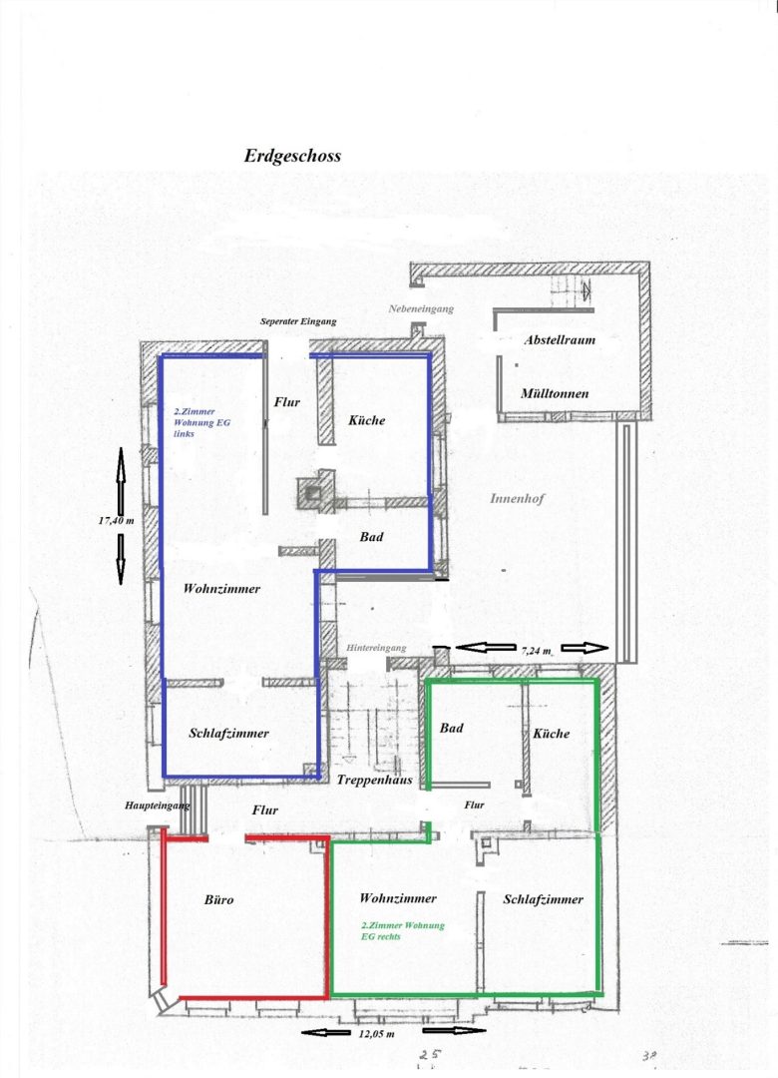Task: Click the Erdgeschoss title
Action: [x=293, y=156]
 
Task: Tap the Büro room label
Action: [x=219, y=899]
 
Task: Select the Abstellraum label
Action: [x=560, y=339]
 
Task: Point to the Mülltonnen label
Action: [x=555, y=393]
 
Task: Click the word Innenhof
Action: [x=517, y=498]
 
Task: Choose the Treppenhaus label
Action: [x=375, y=780]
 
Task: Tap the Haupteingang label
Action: [x=157, y=806]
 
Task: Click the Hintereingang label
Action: [x=376, y=648]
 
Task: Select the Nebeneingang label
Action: [x=421, y=309]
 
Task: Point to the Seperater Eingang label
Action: [x=298, y=321]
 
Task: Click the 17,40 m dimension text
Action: [x=116, y=520]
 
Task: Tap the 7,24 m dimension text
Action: [x=536, y=651]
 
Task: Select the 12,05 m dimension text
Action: [x=377, y=1033]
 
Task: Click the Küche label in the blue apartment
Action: [x=366, y=420]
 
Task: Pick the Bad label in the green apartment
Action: [x=452, y=728]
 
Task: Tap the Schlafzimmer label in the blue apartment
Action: [x=228, y=733]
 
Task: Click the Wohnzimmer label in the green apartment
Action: [x=398, y=898]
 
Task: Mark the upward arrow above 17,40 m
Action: [x=121, y=478]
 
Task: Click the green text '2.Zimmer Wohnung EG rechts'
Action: [x=403, y=931]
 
